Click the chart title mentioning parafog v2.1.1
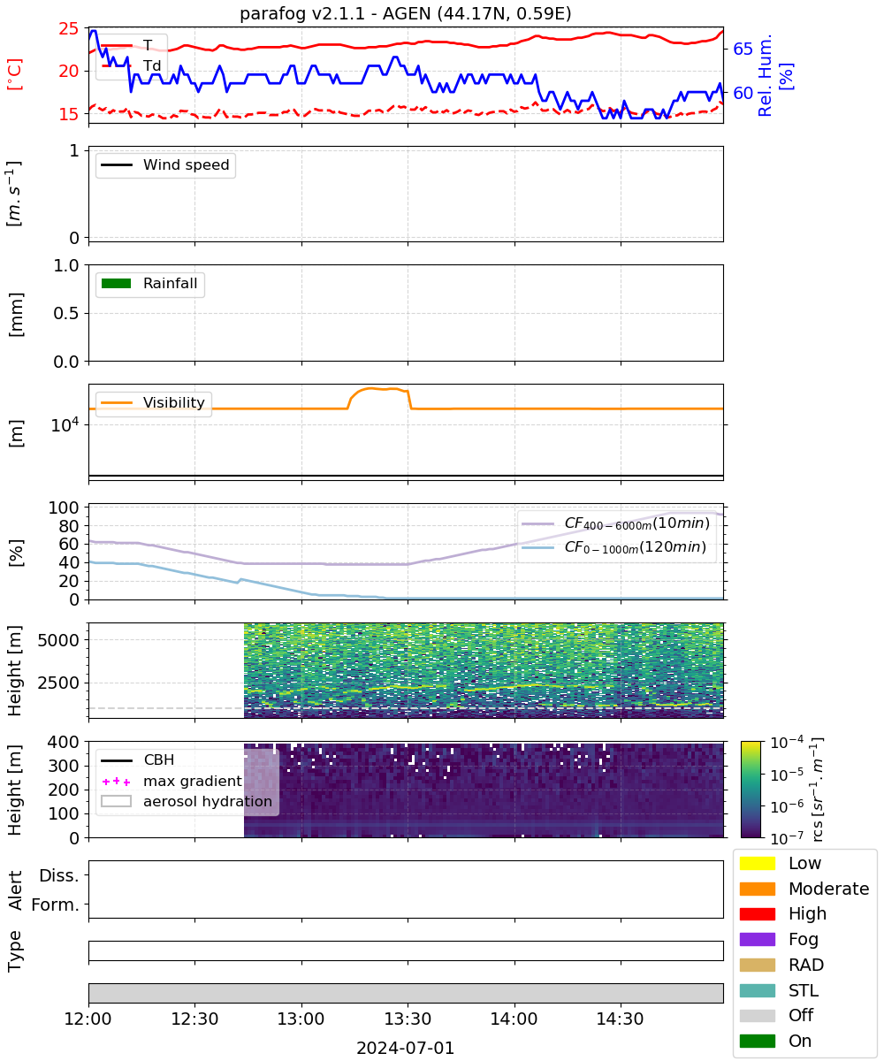(x=405, y=13)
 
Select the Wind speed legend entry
(x=165, y=164)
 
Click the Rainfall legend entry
(x=149, y=283)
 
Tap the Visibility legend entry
(x=153, y=402)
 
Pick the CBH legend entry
(x=138, y=759)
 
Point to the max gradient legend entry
(x=171, y=781)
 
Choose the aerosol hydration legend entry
(x=187, y=801)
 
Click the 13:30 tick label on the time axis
(x=408, y=1019)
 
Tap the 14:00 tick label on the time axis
(x=514, y=1019)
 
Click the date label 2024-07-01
(x=405, y=1048)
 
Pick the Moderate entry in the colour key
(x=804, y=889)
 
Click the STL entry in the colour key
(x=779, y=990)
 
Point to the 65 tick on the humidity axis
(x=743, y=49)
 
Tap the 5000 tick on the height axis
(x=58, y=640)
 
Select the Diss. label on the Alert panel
(x=59, y=875)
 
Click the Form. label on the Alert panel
(x=56, y=905)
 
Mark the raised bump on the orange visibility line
(x=379, y=389)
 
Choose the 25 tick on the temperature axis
(x=69, y=28)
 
